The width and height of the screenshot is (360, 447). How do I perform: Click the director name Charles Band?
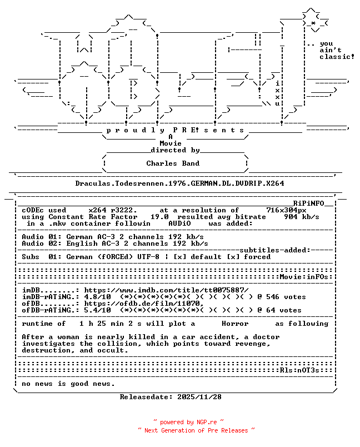pos(173,163)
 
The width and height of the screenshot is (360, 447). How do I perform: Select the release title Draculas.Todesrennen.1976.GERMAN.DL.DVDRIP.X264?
pos(179,183)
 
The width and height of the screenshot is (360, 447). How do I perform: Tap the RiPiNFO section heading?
pos(309,203)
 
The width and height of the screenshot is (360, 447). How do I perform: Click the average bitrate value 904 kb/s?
pos(302,217)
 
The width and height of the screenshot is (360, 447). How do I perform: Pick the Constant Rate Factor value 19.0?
pos(159,217)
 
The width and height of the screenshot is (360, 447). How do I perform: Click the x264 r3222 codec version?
pos(113,210)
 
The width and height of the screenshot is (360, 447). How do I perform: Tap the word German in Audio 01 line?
pos(79,237)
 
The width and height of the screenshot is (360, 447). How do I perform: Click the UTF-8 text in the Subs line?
pos(148,256)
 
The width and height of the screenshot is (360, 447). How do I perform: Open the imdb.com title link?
pos(166,290)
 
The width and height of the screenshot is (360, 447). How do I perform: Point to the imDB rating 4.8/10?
pos(97,297)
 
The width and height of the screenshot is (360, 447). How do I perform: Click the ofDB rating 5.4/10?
pos(97,310)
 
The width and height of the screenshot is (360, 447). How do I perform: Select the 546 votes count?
pos(286,297)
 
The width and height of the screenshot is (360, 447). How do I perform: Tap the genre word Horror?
pos(235,324)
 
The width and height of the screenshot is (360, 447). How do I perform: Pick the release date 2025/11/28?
pos(199,397)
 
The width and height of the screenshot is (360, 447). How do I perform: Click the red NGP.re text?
pos(207,422)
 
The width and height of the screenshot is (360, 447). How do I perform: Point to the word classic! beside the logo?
pos(337,57)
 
